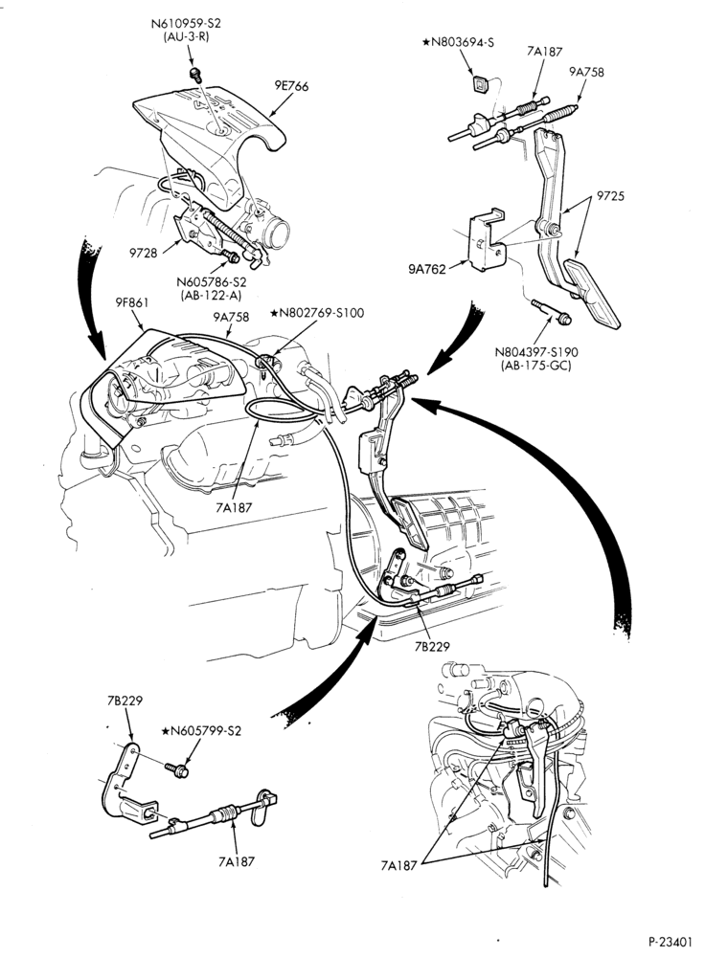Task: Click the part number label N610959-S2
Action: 186,23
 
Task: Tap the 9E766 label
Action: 291,86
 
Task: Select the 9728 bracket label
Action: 143,252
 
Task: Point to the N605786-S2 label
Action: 212,282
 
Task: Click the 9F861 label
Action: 131,302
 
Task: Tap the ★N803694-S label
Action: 458,42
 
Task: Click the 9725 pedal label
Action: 610,196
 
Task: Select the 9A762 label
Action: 427,268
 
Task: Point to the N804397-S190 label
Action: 536,352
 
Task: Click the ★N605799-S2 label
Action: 201,730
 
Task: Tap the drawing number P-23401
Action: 671,941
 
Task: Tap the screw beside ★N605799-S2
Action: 176,769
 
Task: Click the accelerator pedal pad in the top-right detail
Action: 592,294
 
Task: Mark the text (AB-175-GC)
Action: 535,367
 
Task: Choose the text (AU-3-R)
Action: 186,37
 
